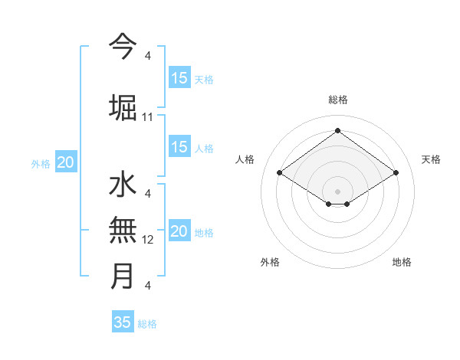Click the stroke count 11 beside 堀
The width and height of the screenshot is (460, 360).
(x=148, y=117)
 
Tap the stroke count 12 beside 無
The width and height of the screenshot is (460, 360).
(x=148, y=240)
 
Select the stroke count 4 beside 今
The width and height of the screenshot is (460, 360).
(x=148, y=56)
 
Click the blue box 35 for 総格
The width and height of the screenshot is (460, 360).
(x=123, y=322)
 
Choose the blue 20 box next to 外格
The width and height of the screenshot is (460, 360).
(x=66, y=162)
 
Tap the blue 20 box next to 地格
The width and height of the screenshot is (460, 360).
(x=179, y=232)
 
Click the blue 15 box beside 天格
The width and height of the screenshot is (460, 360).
(x=179, y=78)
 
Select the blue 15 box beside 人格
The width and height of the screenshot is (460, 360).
(x=179, y=147)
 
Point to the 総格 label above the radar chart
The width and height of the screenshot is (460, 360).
(x=337, y=100)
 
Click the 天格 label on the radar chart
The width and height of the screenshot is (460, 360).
(x=431, y=159)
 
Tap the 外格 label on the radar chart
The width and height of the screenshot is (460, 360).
(x=270, y=262)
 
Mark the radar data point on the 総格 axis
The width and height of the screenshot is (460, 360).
(x=337, y=131)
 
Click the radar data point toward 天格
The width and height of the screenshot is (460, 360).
(x=396, y=173)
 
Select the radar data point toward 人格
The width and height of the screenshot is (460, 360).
(x=280, y=173)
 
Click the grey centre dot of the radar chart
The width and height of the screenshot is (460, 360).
(x=337, y=191)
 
